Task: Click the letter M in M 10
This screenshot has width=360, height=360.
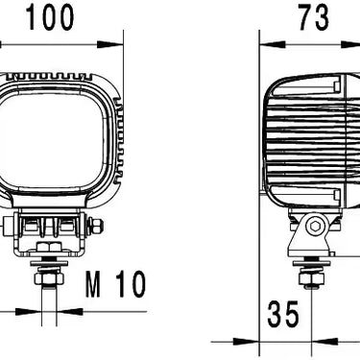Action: coord(93,284)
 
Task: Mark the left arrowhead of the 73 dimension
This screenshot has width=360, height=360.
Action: coord(269,42)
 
